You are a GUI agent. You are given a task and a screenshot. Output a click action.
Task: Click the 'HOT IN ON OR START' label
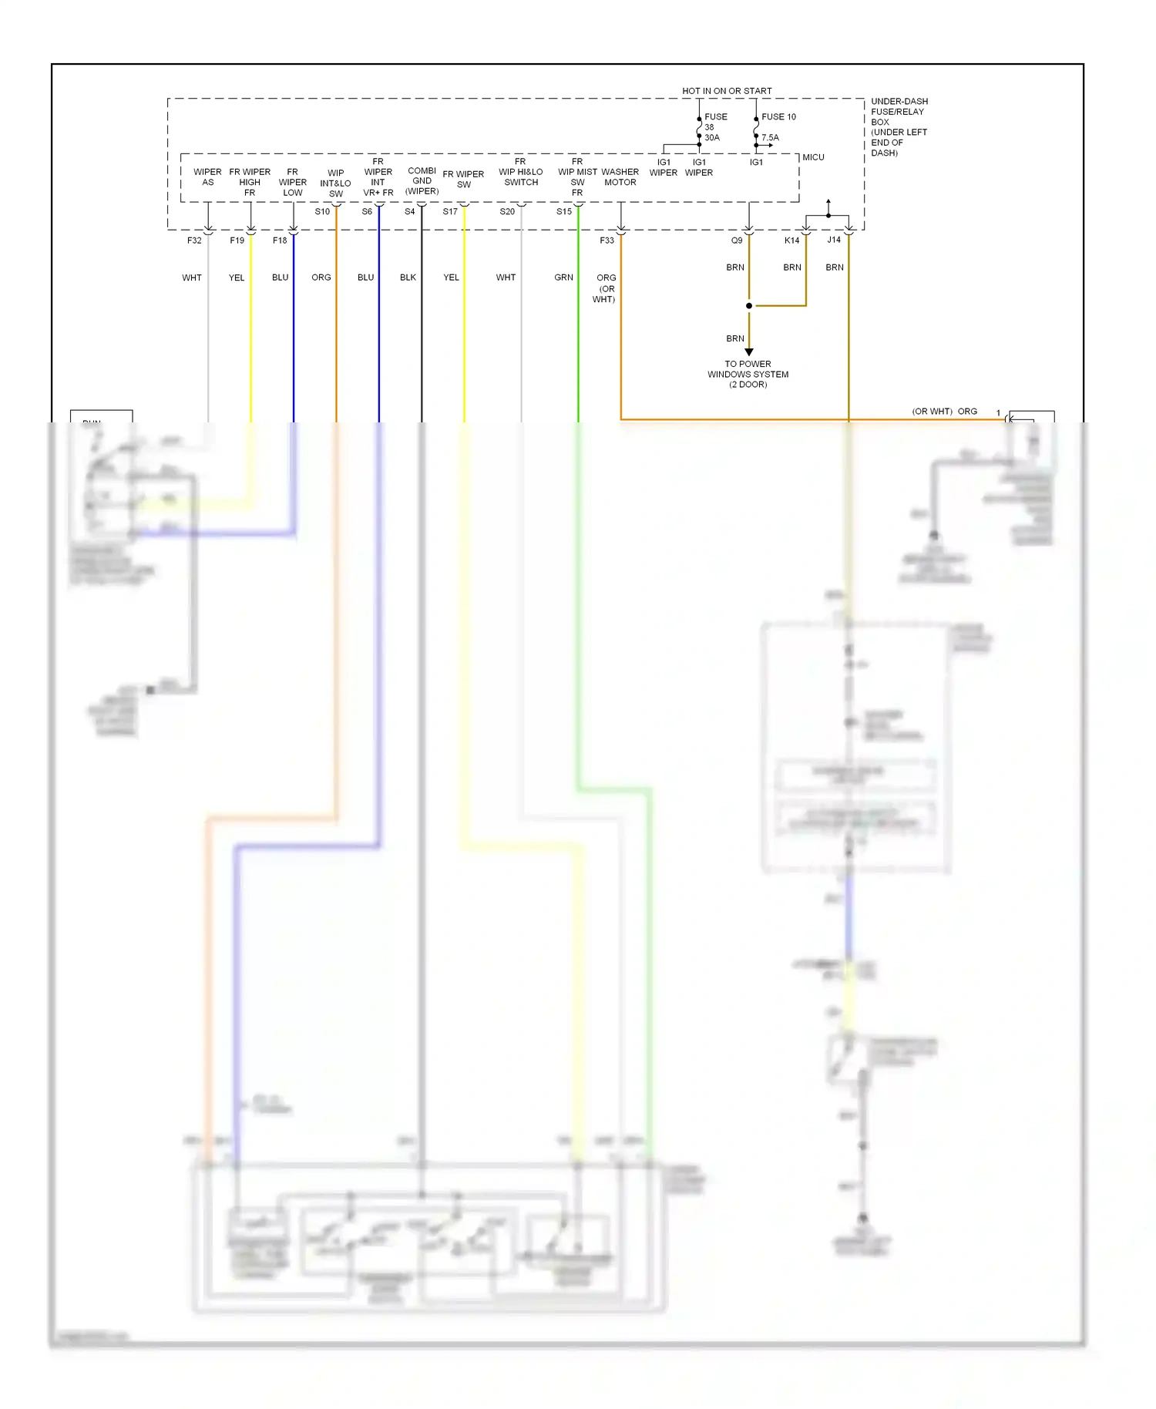coord(726,91)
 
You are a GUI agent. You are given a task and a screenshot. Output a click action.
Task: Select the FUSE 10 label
coord(778,117)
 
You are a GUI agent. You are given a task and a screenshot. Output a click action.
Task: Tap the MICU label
coord(813,157)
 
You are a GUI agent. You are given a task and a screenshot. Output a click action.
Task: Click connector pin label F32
coord(194,240)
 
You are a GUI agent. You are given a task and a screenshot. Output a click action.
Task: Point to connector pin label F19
coord(237,240)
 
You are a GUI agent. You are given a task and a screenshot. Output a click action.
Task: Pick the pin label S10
coord(322,211)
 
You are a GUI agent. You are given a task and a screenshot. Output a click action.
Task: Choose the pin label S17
coord(450,211)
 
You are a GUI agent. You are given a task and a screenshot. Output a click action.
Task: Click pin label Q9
coord(737,240)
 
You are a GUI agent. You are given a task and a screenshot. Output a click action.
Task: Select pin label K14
coord(791,240)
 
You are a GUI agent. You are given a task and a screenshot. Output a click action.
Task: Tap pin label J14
coord(834,240)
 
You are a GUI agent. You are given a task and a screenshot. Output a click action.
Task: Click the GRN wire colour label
coord(563,277)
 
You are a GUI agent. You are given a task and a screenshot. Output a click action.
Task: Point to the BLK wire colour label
coord(408,277)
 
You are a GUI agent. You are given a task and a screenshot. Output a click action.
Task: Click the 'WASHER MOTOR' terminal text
coord(620,177)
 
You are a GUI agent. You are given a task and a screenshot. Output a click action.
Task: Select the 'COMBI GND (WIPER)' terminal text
coord(422,181)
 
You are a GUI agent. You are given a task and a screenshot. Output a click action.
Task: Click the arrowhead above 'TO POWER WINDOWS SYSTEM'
coord(748,351)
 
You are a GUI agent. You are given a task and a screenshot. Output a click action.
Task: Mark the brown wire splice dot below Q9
coord(748,306)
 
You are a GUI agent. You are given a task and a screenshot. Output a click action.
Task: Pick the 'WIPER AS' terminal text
coord(207,177)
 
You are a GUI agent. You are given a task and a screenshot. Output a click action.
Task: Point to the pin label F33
coord(607,240)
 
